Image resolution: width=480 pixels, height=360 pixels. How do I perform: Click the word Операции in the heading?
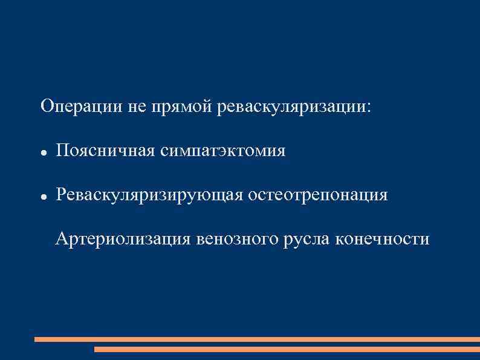click(82, 107)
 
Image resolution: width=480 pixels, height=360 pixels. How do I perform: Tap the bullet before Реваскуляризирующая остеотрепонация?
click(44, 197)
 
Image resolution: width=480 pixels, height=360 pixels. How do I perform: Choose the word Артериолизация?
click(123, 240)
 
